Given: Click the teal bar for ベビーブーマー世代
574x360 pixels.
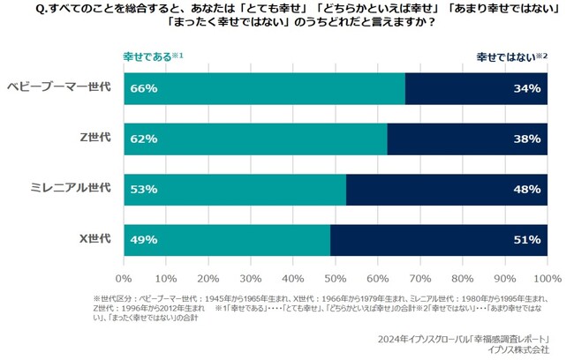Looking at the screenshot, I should pyautogui.click(x=265, y=88).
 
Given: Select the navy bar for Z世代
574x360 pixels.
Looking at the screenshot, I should pyautogui.click(x=467, y=139).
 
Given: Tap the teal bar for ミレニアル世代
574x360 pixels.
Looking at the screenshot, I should pyautogui.click(x=235, y=189).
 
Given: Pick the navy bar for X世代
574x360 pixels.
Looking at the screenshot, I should pyautogui.click(x=439, y=240).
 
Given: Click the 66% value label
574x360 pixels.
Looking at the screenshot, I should pyautogui.click(x=143, y=88).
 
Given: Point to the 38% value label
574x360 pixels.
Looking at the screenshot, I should pyautogui.click(x=527, y=139).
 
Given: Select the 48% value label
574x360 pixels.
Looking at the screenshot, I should pyautogui.click(x=527, y=189).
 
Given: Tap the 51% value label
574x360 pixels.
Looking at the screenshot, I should pyautogui.click(x=527, y=240).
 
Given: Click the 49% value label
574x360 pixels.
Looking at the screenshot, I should pyautogui.click(x=143, y=240).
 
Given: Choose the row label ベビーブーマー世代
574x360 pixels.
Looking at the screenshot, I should pyautogui.click(x=58, y=87).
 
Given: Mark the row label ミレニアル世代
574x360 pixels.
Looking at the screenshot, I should pyautogui.click(x=71, y=189).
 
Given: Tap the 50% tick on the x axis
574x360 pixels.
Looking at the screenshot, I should pyautogui.click(x=336, y=262).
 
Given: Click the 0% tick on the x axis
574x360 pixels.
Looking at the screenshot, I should pyautogui.click(x=125, y=262).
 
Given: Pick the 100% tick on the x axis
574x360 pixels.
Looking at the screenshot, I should pyautogui.click(x=547, y=262).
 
